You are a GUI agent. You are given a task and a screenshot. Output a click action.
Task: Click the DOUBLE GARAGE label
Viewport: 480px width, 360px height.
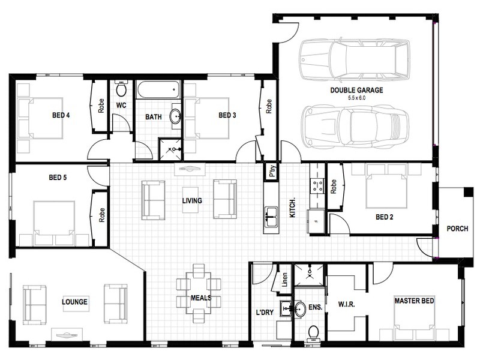point(356,90)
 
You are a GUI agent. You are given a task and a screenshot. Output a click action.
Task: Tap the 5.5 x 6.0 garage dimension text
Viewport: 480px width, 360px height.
point(356,98)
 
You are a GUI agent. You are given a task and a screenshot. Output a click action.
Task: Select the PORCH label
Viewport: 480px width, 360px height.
point(457,229)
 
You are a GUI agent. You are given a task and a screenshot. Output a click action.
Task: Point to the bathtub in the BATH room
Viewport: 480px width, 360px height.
point(158,89)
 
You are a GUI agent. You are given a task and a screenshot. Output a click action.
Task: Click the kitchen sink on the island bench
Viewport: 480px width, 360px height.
point(271,217)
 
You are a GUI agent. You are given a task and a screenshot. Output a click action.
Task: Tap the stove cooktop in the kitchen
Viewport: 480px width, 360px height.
point(317,186)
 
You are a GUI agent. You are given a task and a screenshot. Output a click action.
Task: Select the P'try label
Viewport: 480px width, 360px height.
point(272,171)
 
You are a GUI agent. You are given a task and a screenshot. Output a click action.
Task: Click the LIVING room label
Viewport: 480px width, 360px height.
point(192,201)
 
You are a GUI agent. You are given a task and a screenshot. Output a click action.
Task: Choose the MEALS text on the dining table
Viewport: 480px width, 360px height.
point(201,298)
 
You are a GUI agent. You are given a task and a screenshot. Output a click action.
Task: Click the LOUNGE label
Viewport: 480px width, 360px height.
point(74,302)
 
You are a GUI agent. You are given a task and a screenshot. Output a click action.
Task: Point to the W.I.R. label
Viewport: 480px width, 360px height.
point(346,304)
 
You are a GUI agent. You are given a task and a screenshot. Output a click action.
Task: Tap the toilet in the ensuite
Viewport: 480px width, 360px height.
point(313,333)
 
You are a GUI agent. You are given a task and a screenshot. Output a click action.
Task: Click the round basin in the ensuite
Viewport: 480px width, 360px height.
point(300,309)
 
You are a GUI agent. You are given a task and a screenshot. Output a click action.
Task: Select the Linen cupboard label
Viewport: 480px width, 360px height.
point(284,280)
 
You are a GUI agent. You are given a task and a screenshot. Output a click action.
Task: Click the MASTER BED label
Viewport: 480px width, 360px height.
point(414,301)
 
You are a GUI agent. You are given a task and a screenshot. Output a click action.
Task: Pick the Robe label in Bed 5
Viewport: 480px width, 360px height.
point(101,215)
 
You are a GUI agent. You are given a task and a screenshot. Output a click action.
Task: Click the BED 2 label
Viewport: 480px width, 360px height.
point(384,217)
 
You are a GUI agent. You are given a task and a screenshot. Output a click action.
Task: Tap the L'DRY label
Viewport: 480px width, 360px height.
point(265,313)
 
